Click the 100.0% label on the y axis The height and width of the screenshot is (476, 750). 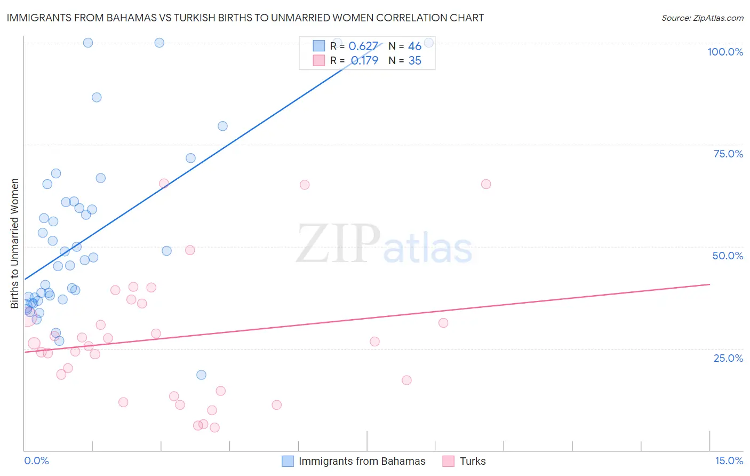coord(725,52)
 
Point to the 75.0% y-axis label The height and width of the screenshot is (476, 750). coord(728,154)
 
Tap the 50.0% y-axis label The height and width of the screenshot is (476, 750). coord(728,256)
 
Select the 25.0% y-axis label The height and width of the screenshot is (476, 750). coord(728,358)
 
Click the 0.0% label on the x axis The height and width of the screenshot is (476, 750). coord(36,461)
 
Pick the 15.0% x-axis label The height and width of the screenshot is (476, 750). coord(729,461)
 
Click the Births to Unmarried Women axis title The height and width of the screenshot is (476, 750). coord(15,243)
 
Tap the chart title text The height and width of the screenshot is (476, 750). coord(245,18)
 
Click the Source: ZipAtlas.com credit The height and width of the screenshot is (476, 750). coord(702,18)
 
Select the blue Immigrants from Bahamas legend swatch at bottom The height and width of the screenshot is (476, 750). coord(288,461)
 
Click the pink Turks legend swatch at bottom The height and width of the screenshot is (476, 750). coord(448,461)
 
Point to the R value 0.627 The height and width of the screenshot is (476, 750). coord(363,46)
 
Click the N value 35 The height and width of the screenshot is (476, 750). coord(414,61)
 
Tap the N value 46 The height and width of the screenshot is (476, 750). coord(414,46)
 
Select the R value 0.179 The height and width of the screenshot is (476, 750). coord(364,61)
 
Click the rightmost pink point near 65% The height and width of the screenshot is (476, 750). coord(486,184)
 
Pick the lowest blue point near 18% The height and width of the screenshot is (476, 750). coord(201,375)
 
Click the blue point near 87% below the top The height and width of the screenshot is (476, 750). coord(97,97)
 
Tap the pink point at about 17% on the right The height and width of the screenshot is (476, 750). coord(406,380)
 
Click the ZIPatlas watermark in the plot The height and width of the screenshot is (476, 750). coord(384,244)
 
